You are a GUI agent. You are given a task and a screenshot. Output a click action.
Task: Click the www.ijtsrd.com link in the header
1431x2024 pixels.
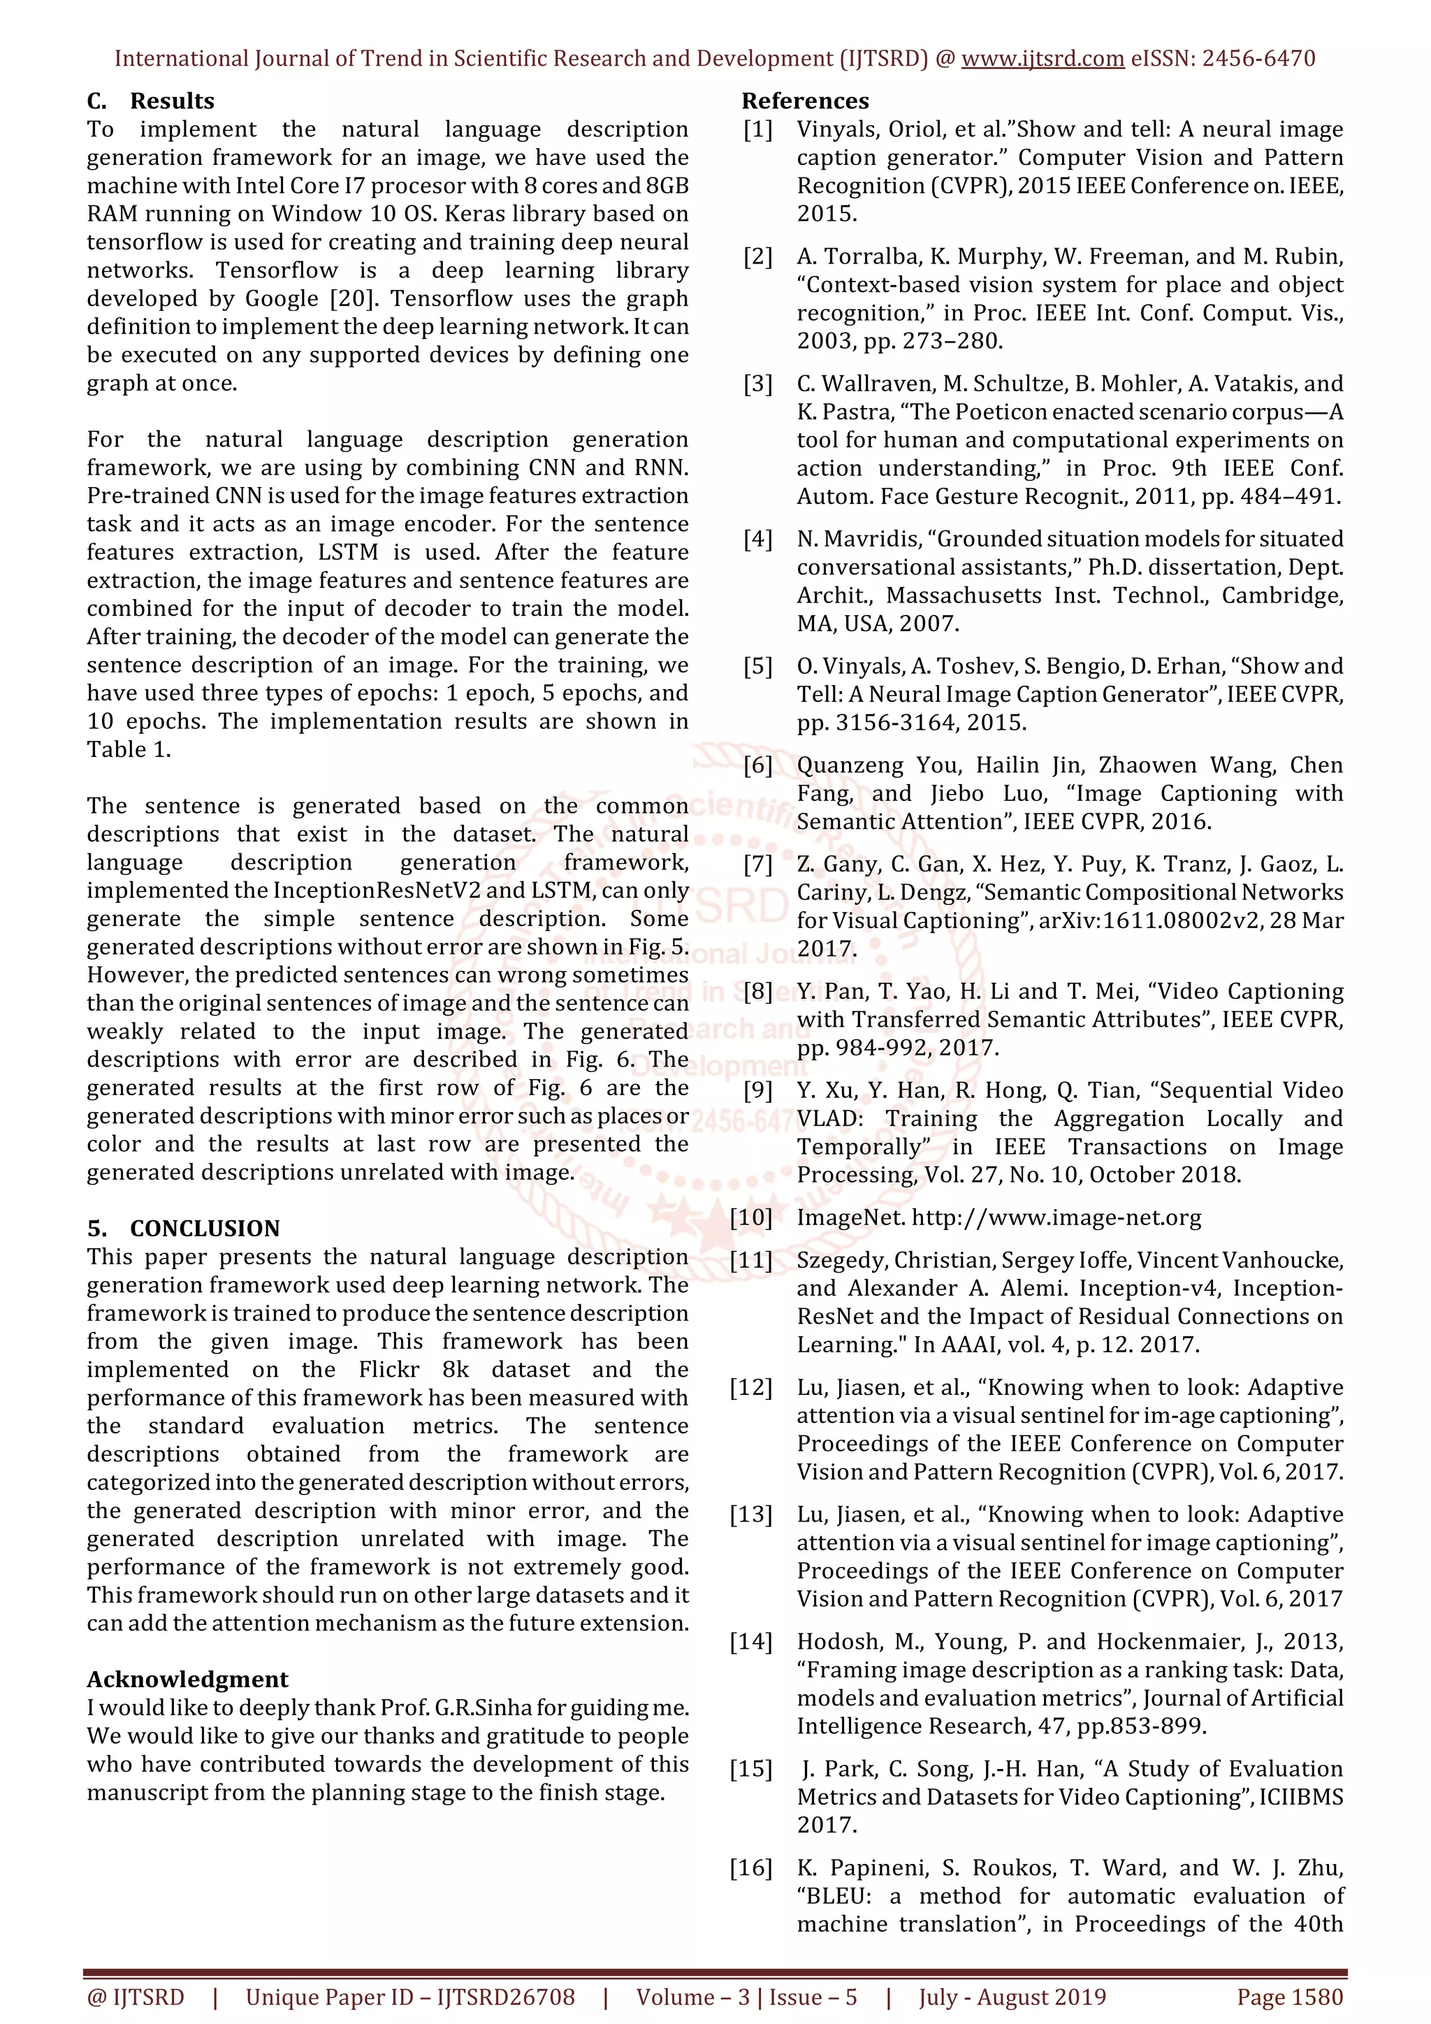(x=1042, y=59)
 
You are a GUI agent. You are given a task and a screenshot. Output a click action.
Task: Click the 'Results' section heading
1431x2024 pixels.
(x=172, y=101)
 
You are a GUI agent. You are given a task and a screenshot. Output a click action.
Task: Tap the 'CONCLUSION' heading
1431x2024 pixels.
(x=205, y=1228)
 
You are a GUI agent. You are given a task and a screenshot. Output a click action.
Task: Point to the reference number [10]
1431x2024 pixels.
(x=750, y=1217)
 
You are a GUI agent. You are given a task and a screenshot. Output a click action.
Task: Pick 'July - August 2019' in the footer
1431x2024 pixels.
(x=1012, y=1997)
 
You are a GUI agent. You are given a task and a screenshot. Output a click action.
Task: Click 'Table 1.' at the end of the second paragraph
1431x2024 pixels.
(x=129, y=749)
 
